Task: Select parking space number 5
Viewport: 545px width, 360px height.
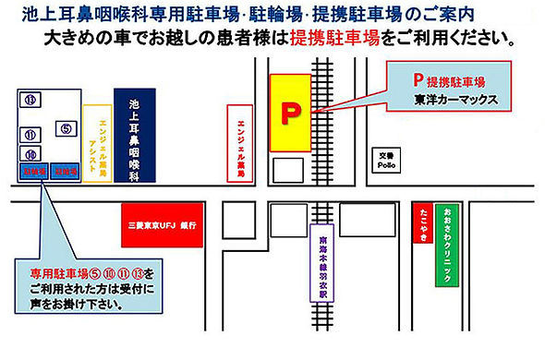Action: point(66,128)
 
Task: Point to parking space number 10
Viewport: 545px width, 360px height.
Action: point(30,154)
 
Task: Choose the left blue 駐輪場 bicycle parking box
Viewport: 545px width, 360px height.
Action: point(32,172)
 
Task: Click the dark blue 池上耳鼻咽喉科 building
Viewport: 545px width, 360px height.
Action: point(134,135)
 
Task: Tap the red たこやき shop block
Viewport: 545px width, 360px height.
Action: point(422,222)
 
